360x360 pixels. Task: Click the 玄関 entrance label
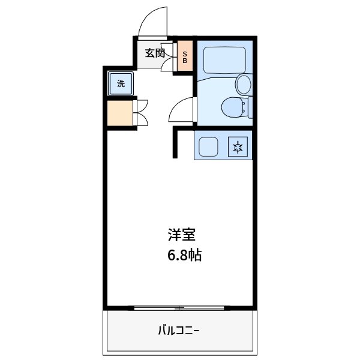click(155, 53)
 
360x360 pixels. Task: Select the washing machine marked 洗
click(121, 84)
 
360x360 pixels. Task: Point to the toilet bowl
click(232, 108)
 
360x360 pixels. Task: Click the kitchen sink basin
click(209, 146)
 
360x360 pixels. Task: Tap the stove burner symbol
click(238, 146)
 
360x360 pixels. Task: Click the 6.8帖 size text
click(184, 255)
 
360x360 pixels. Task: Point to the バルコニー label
click(179, 329)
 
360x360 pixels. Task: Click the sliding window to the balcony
click(179, 308)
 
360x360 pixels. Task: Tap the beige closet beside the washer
click(119, 113)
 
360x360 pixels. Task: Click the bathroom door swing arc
click(182, 110)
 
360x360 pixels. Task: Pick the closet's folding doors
click(142, 112)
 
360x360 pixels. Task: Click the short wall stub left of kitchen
click(176, 143)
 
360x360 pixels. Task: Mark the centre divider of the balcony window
click(179, 308)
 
